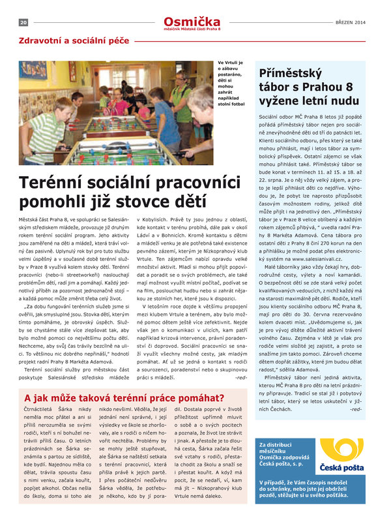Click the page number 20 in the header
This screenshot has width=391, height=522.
[23, 22]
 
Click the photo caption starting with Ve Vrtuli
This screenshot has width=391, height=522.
[231, 82]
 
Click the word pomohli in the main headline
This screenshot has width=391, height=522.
[51, 203]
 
